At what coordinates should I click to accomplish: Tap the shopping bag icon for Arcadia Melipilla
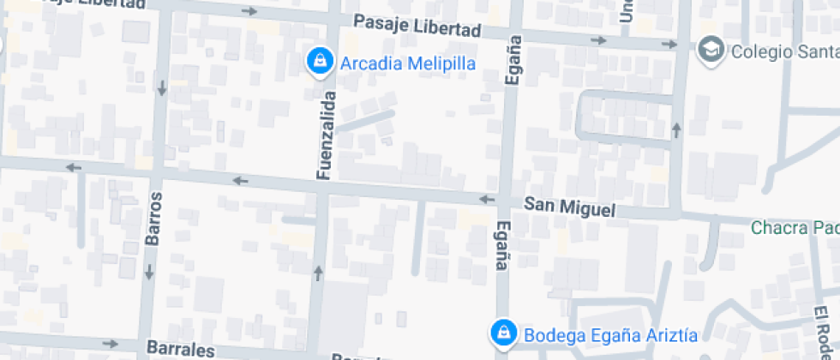pos(320,61)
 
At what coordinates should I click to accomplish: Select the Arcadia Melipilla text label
pos(407,63)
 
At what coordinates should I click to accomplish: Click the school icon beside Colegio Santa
pos(711,51)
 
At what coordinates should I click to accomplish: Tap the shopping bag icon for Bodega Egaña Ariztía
pos(503,333)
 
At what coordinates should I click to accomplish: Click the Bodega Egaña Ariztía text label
pos(610,334)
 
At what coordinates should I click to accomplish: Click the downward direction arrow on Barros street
pos(149,273)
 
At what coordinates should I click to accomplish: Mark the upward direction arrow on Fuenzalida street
pos(319,273)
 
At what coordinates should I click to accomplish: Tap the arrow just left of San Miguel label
pos(487,200)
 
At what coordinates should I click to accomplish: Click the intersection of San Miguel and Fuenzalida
pos(322,186)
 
